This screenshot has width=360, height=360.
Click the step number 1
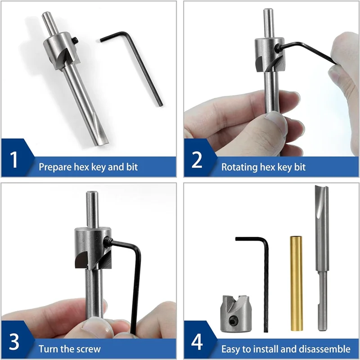[14, 160]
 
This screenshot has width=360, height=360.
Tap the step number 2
[197, 160]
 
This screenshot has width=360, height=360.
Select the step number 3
[14, 342]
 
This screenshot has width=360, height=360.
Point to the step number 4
[197, 342]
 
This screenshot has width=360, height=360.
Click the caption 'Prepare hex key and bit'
[88, 167]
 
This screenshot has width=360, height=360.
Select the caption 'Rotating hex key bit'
[263, 167]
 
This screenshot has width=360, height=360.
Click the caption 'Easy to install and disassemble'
[286, 349]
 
